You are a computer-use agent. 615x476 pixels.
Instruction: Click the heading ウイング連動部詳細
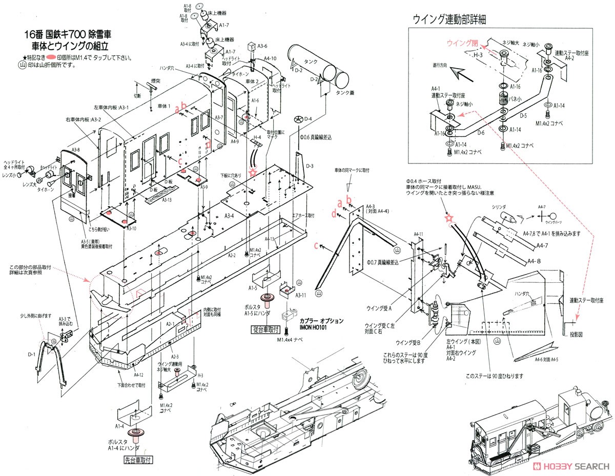pos(449,19)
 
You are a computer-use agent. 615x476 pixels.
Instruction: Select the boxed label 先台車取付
pos(139,460)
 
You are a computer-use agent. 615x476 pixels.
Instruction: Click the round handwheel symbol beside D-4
pos(298,119)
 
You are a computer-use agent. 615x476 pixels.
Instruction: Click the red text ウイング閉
pos(462,43)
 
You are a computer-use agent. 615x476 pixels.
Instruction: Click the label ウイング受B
pos(408,342)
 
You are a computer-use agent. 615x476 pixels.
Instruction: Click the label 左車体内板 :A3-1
pos(111,108)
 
